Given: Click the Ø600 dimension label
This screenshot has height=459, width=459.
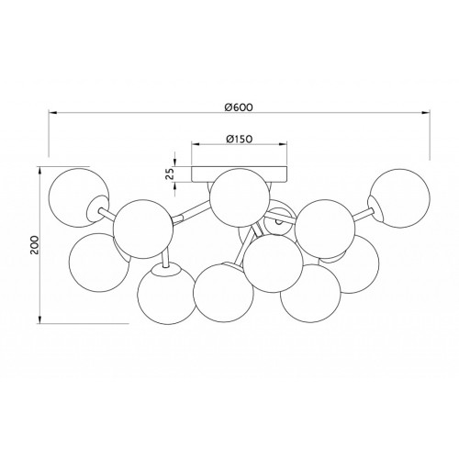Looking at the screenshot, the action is (239, 107).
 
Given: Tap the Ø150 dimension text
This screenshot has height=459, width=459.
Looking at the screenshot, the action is (239, 139).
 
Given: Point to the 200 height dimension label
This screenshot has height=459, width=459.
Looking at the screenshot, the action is (34, 245).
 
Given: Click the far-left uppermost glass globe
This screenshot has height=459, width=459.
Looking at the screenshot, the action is (79, 197).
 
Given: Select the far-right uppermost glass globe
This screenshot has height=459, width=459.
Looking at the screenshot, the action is (399, 197).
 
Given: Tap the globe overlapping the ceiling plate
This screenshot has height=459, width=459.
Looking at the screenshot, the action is (240, 198).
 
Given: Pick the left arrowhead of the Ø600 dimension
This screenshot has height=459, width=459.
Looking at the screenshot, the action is (52, 112).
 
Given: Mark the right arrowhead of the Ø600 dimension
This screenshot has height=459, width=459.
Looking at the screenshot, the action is (426, 112).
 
